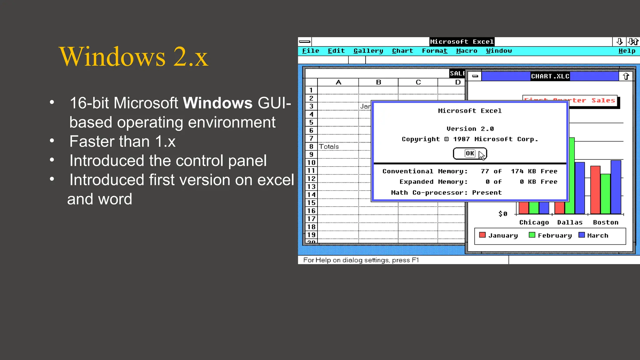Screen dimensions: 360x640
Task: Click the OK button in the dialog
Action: click(469, 153)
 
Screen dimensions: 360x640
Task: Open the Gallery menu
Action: click(368, 51)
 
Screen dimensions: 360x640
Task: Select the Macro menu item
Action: click(467, 51)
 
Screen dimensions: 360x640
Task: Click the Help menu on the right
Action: click(627, 51)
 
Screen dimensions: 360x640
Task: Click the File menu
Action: click(310, 51)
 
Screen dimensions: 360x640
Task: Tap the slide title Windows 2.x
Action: click(133, 57)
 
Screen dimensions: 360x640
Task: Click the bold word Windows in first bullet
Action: click(217, 103)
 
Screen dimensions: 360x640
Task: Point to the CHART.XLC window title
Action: click(550, 76)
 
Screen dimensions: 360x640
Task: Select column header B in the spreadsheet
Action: click(378, 82)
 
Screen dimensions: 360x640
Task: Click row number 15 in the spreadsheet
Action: click(311, 202)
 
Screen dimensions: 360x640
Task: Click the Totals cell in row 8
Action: click(329, 147)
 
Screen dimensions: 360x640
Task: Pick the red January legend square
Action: click(482, 235)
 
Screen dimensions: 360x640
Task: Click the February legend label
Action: click(555, 236)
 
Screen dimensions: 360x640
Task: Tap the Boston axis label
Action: click(605, 222)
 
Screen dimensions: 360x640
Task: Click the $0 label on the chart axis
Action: click(503, 214)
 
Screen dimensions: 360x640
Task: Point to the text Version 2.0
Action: click(470, 129)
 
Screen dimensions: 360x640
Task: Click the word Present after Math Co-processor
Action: click(487, 192)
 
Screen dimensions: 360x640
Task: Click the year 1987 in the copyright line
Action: click(461, 139)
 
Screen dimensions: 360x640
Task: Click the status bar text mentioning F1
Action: click(361, 260)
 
